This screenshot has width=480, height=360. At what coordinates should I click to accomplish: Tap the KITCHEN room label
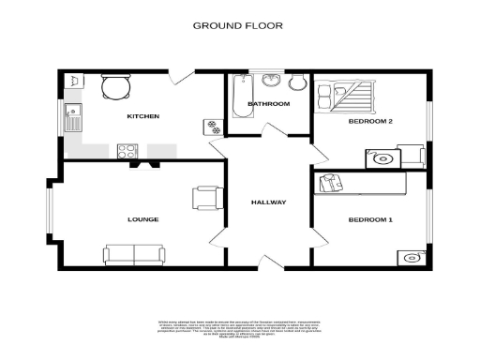(x=143, y=116)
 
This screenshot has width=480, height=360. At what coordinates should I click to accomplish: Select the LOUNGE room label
(x=143, y=219)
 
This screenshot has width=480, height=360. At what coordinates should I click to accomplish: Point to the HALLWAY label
(x=268, y=202)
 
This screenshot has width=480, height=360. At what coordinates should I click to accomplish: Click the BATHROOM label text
(x=268, y=103)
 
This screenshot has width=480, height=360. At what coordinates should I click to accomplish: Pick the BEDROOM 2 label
(x=369, y=121)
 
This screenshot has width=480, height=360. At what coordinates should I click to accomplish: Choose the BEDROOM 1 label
(x=369, y=219)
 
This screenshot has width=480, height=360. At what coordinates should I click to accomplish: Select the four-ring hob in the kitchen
(x=127, y=151)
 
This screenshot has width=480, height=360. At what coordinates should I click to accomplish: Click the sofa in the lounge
(x=133, y=253)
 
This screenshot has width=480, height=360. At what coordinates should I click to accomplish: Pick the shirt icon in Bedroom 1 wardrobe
(x=329, y=184)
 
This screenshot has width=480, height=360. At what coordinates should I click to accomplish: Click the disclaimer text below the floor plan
(x=240, y=331)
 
